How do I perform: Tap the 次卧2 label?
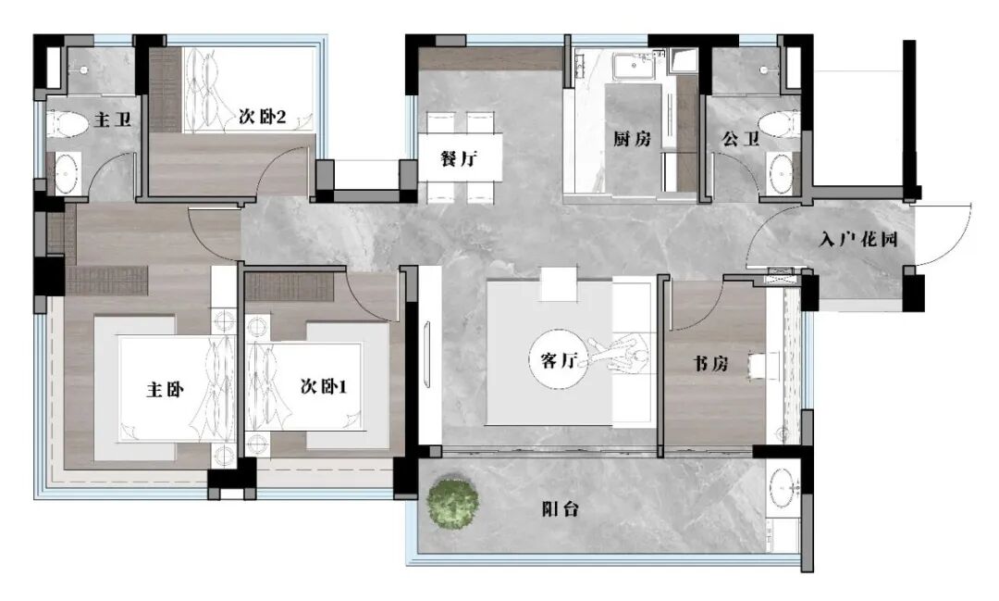point(262,117)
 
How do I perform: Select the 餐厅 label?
point(459,158)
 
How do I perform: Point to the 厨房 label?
point(633,139)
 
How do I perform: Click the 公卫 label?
point(741,140)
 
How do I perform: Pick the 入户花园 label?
point(859,239)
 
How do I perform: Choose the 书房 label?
point(710,364)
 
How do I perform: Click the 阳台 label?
point(560,508)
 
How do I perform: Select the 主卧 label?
point(164,390)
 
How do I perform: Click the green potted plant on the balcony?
point(453,501)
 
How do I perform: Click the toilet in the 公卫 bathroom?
point(777,124)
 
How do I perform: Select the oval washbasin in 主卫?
point(65,173)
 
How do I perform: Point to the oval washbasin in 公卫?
point(781,173)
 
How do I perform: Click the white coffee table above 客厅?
point(559,283)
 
